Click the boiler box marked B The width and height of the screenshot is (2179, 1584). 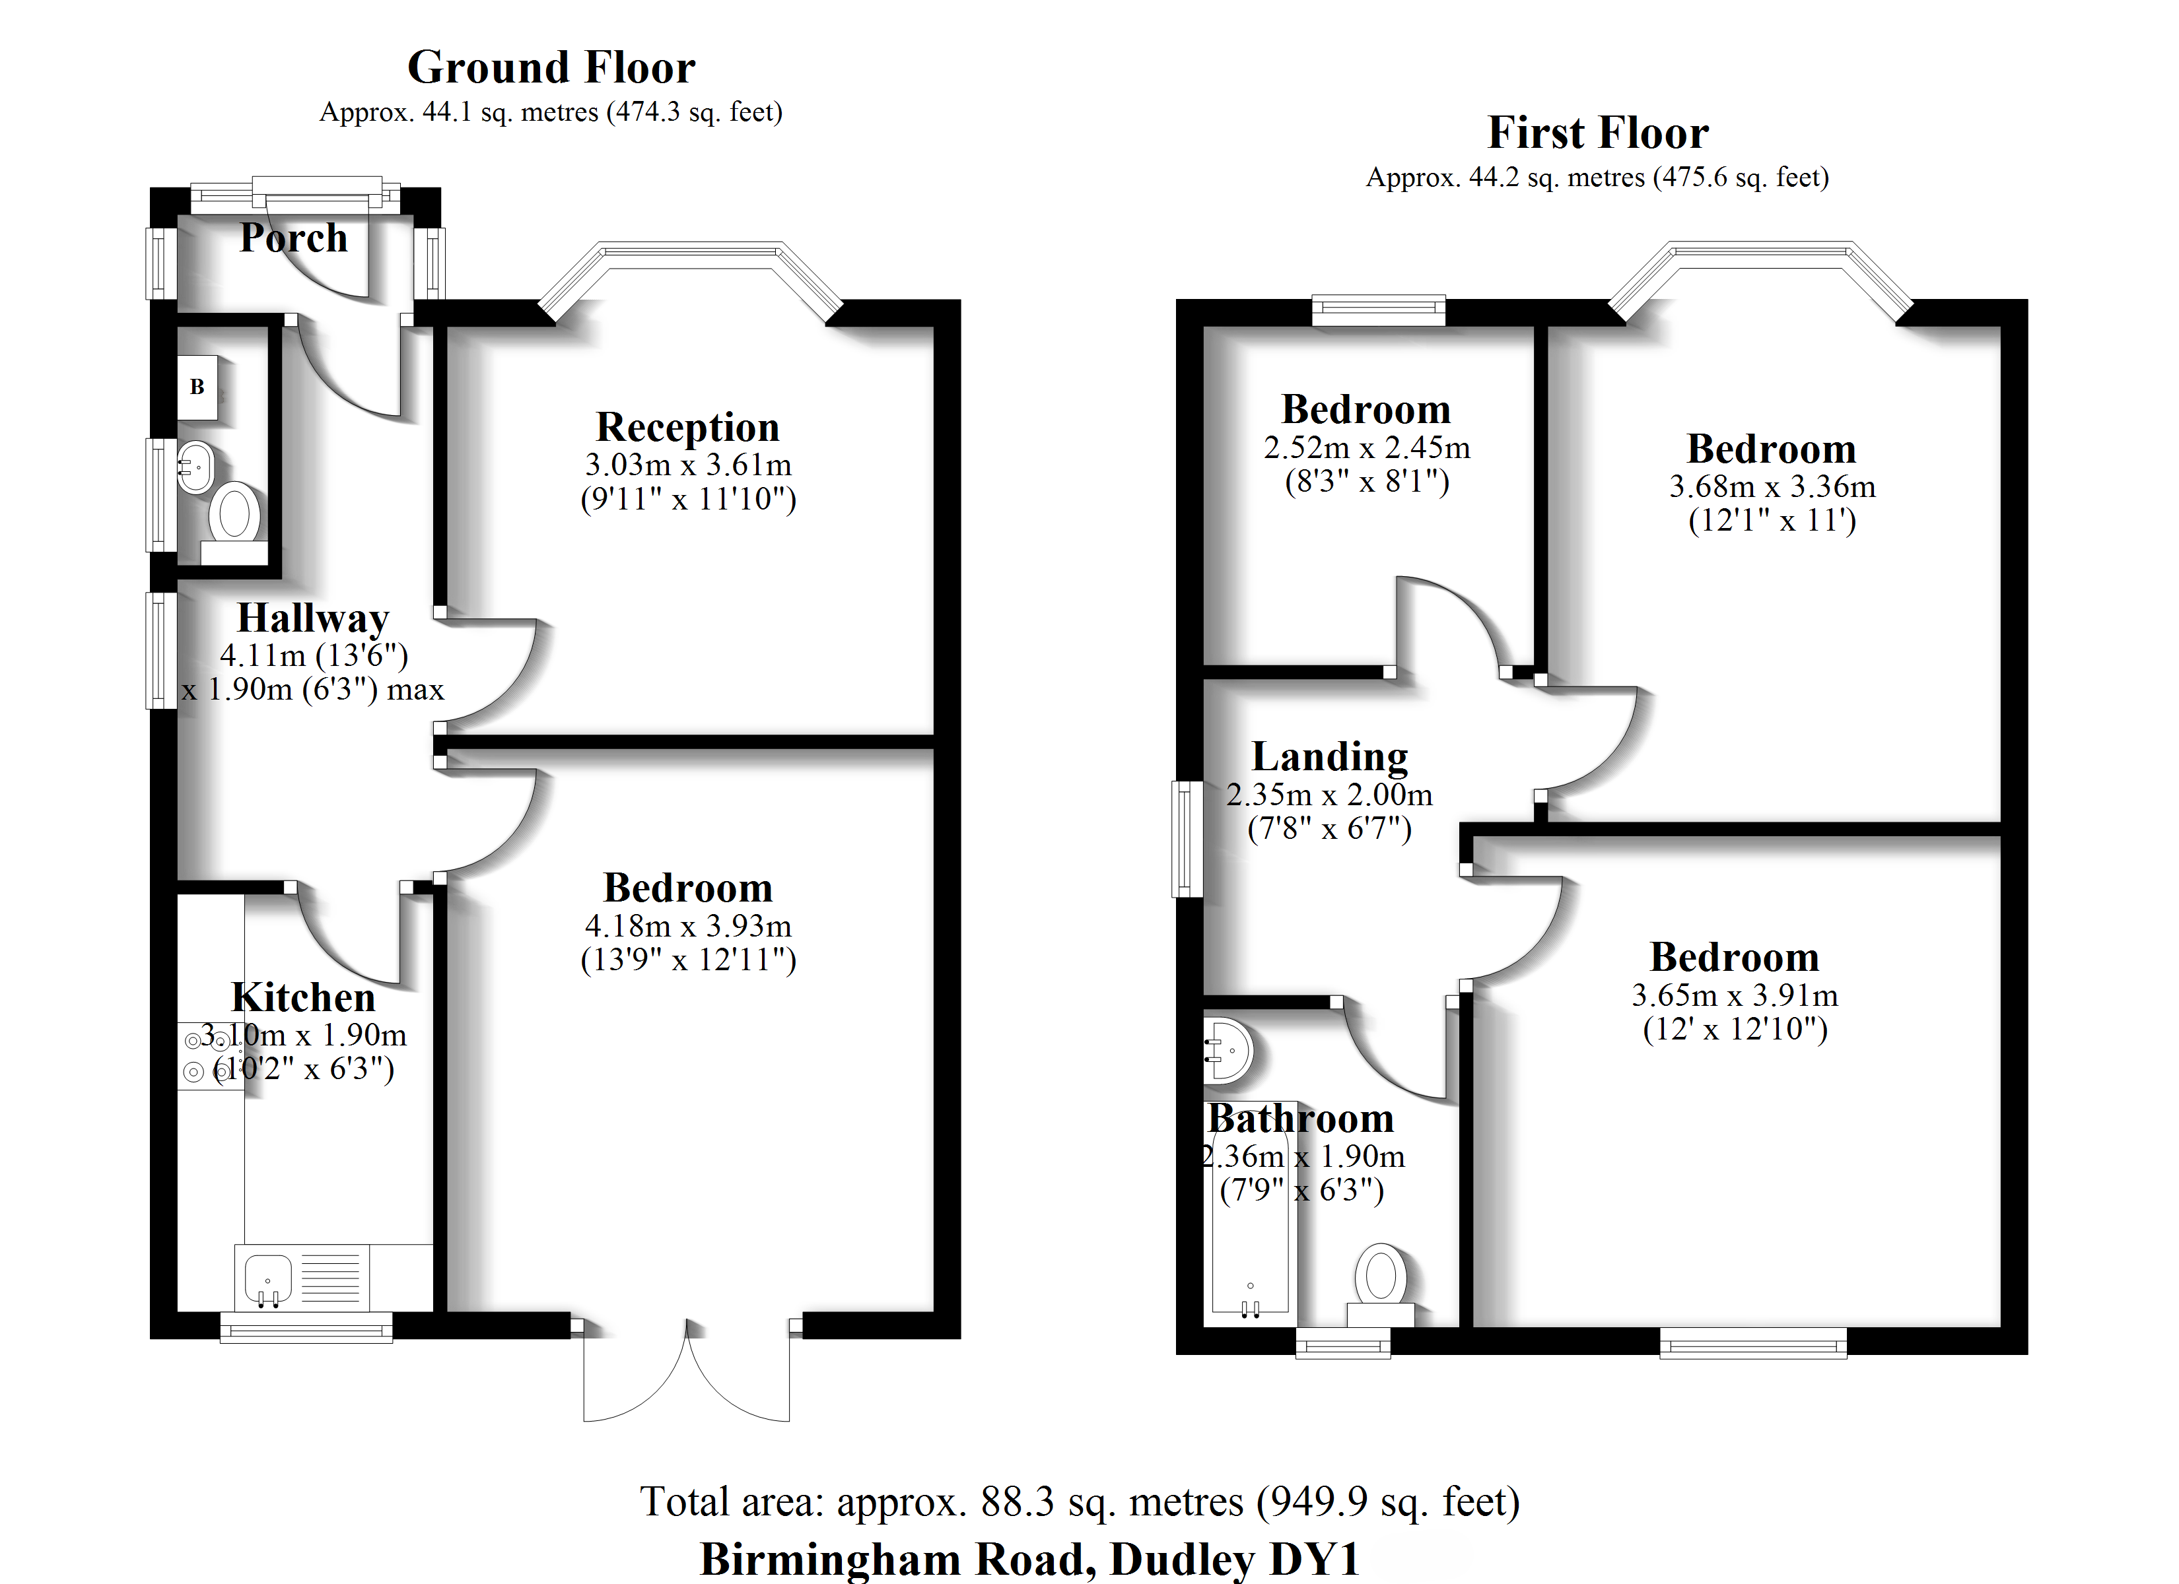(197, 387)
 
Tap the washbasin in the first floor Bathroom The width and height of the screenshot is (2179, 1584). (1229, 1050)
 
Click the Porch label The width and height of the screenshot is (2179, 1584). (293, 237)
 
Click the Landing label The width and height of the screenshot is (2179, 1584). (1330, 757)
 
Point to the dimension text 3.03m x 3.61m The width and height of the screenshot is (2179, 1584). (688, 465)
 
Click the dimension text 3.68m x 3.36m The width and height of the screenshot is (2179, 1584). (1772, 487)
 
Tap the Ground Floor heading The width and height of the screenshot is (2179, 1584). (551, 67)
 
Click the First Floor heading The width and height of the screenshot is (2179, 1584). (1598, 133)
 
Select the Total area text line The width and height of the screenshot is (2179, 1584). (1079, 1501)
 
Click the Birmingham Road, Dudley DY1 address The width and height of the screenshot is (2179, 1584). (1030, 1558)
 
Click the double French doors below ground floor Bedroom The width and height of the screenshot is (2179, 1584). (686, 1373)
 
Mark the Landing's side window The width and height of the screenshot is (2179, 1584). (1187, 839)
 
